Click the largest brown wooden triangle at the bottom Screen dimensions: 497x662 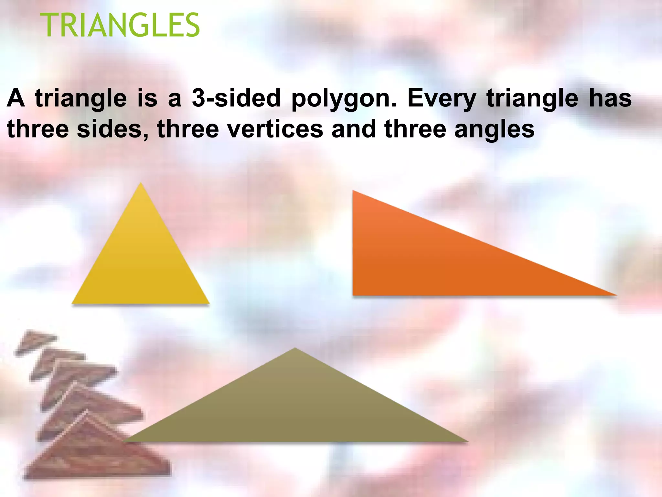pyautogui.click(x=97, y=456)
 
